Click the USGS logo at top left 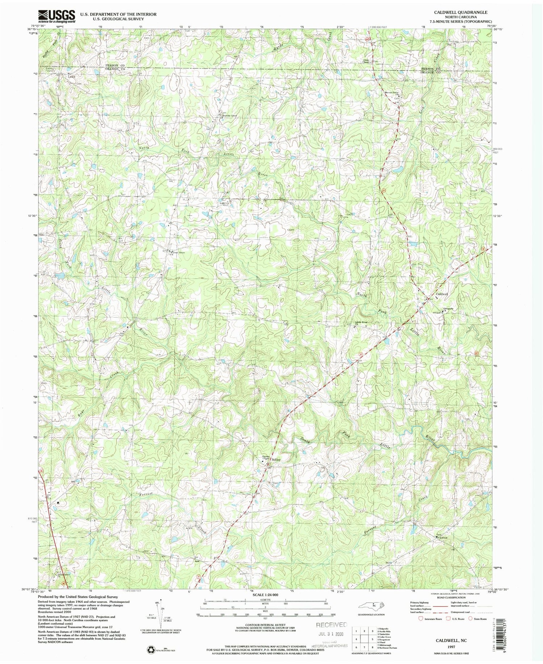point(57,16)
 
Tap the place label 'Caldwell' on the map point(442,294)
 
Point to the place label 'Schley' point(276,459)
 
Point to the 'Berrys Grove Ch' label point(391,93)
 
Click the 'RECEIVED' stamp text point(331,625)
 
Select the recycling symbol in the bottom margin point(150,650)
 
